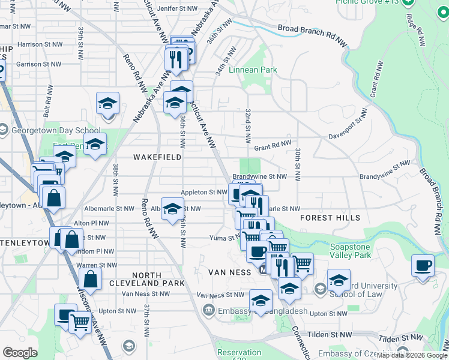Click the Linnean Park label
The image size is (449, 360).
tap(253, 70)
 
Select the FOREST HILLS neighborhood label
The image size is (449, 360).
tap(330, 218)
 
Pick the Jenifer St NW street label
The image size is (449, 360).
tap(176, 9)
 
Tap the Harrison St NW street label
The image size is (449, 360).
tap(39, 44)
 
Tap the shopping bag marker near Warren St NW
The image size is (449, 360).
tap(89, 279)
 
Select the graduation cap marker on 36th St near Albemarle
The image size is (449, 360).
tap(172, 210)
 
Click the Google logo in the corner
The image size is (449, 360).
tap(20, 353)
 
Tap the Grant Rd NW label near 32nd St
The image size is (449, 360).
tap(272, 145)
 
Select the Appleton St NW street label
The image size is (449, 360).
tap(204, 193)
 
